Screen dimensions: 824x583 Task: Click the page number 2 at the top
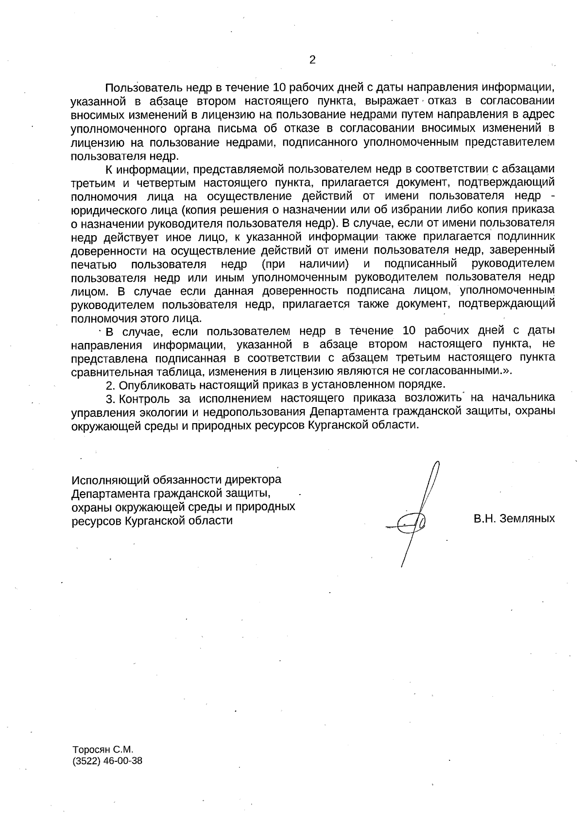[x=312, y=60]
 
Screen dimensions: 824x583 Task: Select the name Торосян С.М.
[x=103, y=749]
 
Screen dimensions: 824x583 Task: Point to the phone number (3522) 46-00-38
[x=107, y=761]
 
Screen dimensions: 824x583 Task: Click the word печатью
[x=93, y=264]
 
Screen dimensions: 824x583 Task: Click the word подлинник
[x=529, y=237]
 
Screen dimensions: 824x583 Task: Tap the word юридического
[x=107, y=210]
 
